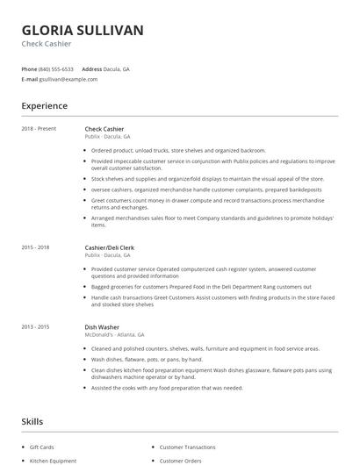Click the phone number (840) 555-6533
(56, 68)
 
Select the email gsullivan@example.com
(68, 79)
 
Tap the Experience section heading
(44, 106)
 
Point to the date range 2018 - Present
(39, 129)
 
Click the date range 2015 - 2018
(36, 248)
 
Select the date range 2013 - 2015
(36, 326)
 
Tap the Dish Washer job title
(102, 326)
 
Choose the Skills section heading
(32, 421)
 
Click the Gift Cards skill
(41, 447)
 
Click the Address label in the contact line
(92, 68)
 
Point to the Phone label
(29, 68)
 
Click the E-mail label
(29, 79)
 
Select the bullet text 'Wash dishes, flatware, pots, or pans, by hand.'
(147, 359)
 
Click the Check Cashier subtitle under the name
(47, 44)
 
